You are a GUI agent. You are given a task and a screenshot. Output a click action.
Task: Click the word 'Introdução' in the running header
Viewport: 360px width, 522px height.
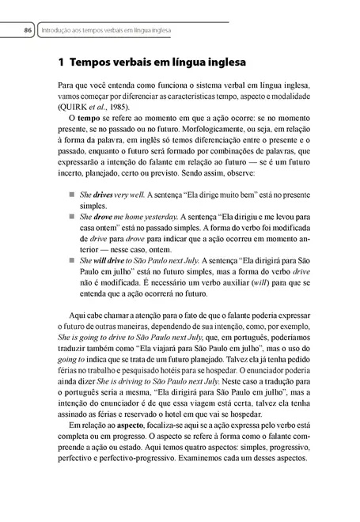tap(55, 31)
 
